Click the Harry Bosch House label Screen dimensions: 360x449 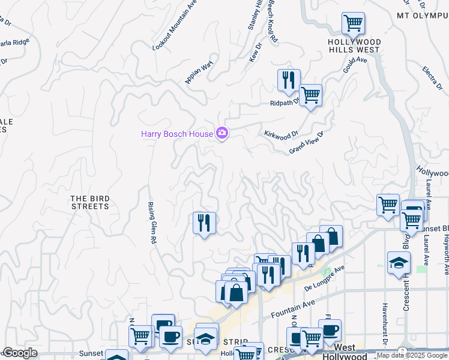point(176,134)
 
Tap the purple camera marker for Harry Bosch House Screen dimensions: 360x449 point(221,133)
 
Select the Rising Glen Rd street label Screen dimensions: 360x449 point(152,222)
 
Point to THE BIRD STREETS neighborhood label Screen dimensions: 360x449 point(90,202)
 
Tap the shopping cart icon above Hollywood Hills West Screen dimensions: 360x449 point(353,24)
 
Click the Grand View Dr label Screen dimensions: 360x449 point(306,142)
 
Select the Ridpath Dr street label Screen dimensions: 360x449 point(284,103)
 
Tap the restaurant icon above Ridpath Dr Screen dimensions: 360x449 point(288,80)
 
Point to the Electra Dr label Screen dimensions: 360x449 point(432,79)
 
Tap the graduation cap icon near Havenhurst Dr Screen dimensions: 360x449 point(399,263)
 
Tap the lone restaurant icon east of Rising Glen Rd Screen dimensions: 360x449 point(204,223)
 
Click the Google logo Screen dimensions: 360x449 point(20,353)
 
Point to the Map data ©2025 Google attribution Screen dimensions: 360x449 point(412,356)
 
